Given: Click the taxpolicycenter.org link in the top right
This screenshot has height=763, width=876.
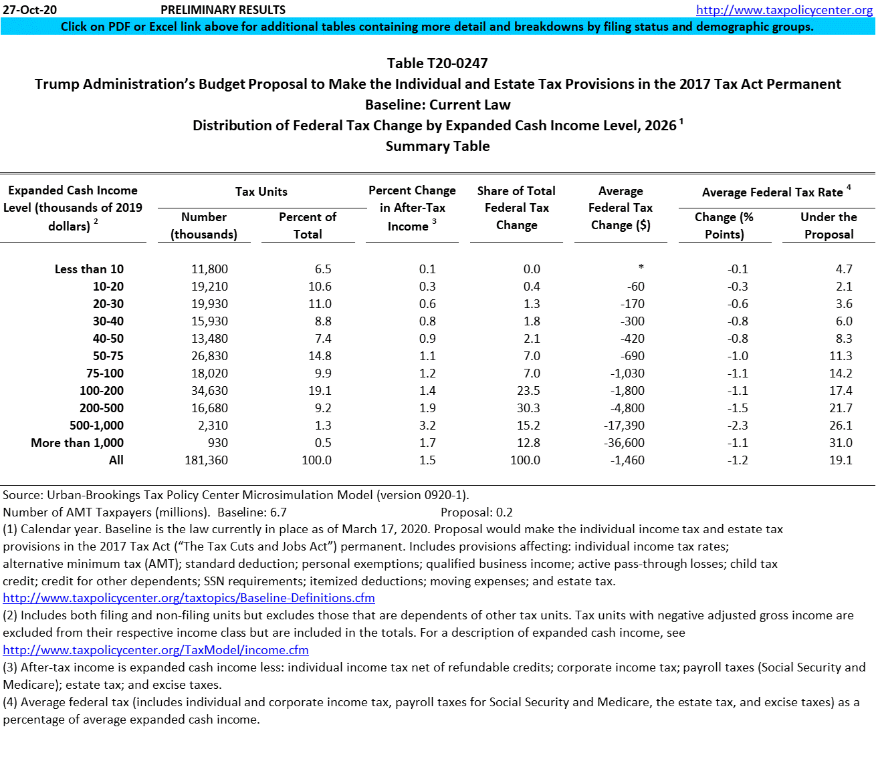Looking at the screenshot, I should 784,10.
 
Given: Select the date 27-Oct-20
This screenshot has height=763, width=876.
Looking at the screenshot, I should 30,10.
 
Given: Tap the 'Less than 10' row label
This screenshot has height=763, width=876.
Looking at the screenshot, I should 89,269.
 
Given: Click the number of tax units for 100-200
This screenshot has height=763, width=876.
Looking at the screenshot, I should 209,391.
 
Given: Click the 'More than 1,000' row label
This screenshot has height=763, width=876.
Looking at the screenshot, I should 77,443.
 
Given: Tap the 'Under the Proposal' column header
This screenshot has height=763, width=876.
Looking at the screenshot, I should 829,226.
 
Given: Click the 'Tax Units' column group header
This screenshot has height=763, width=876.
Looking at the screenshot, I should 261,192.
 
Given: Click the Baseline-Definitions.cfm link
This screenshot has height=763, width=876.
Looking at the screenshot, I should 189,598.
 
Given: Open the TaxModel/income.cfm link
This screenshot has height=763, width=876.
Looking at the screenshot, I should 156,650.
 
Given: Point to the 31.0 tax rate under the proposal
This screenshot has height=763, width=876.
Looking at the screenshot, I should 841,443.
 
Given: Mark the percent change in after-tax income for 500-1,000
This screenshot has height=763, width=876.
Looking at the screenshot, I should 427,426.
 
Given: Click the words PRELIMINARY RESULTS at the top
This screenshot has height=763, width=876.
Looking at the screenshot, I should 223,10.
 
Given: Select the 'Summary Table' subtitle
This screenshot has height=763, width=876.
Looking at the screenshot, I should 437,146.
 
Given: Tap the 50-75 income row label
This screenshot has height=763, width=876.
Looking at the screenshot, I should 108,356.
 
